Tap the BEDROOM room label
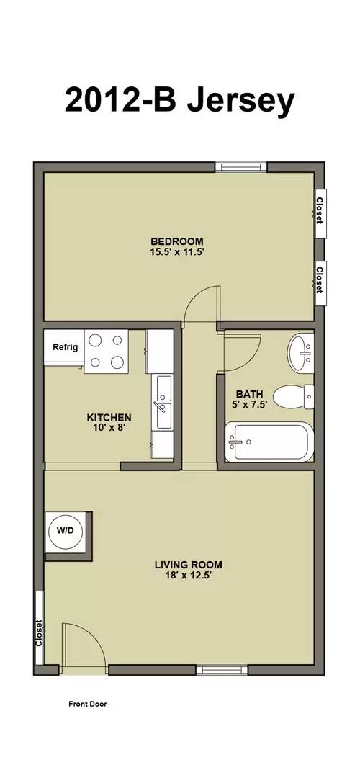click(176, 241)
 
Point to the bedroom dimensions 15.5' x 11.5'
click(176, 252)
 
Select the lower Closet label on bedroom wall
click(319, 277)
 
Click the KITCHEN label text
click(109, 417)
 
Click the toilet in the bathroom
click(297, 395)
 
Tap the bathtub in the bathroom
click(269, 442)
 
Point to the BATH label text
click(250, 394)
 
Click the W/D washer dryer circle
click(66, 530)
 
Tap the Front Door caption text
click(87, 705)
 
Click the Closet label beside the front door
click(40, 632)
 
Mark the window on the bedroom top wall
click(241, 167)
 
